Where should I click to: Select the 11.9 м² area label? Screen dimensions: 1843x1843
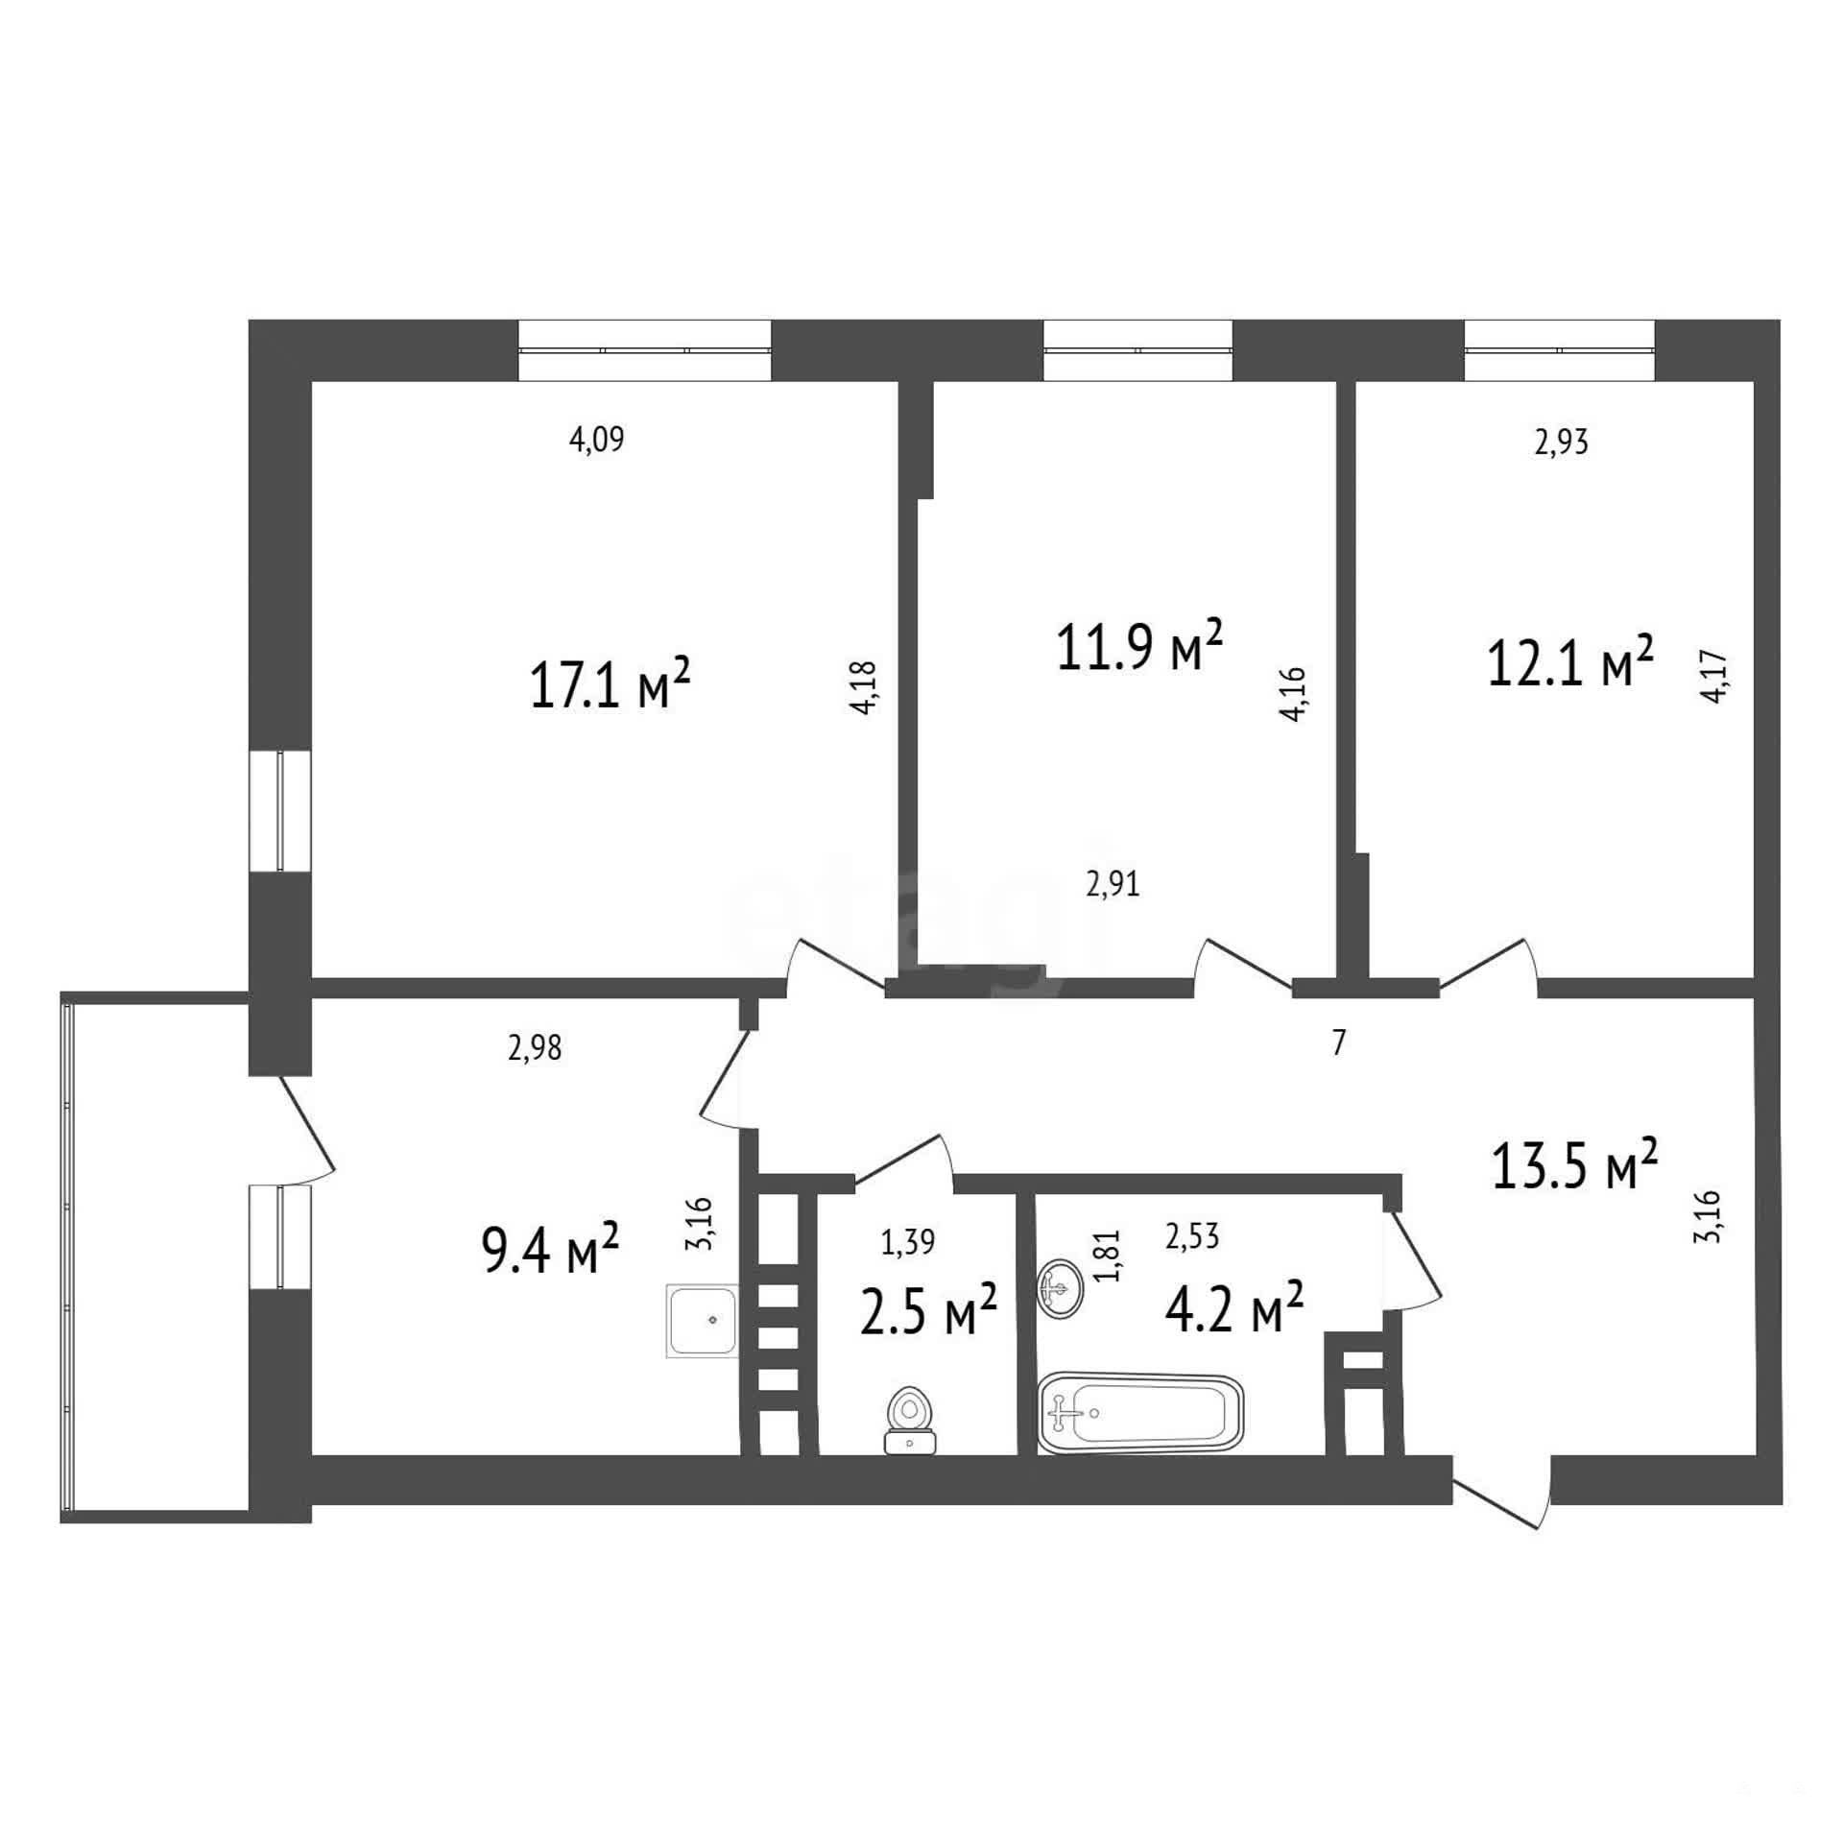pyautogui.click(x=1138, y=645)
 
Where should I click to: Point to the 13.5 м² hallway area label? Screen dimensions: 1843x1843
pyautogui.click(x=1574, y=1164)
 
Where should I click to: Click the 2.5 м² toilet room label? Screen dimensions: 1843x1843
pyautogui.click(x=929, y=1309)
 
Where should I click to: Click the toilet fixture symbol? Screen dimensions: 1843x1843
pyautogui.click(x=909, y=1420)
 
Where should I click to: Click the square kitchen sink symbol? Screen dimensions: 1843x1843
pyautogui.click(x=703, y=1322)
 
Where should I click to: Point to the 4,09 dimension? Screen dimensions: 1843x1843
pyautogui.click(x=597, y=441)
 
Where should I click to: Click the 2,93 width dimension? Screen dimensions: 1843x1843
pyautogui.click(x=1561, y=443)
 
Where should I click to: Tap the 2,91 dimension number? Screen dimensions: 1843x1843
pyautogui.click(x=1113, y=883)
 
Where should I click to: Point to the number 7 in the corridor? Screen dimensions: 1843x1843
pyautogui.click(x=1340, y=1042)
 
